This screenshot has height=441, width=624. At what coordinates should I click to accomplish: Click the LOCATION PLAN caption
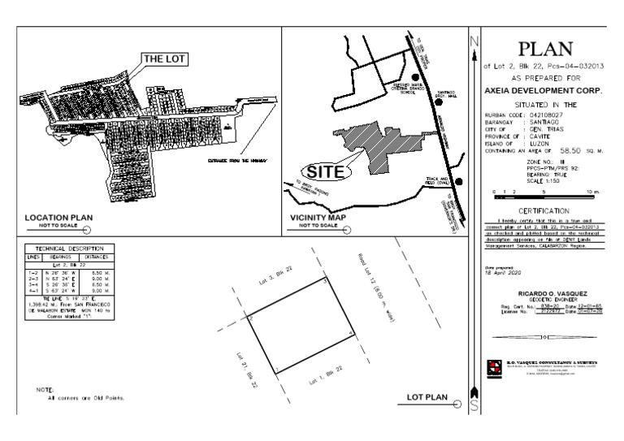(x=58, y=218)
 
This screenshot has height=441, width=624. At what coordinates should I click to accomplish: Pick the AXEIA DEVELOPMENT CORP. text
(x=545, y=91)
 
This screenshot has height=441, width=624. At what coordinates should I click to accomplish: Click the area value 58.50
(x=572, y=151)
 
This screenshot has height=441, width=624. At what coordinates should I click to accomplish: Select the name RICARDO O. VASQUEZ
(x=545, y=289)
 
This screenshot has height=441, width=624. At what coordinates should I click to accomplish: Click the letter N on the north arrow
(x=474, y=42)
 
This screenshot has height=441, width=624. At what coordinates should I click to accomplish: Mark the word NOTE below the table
(x=45, y=391)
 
